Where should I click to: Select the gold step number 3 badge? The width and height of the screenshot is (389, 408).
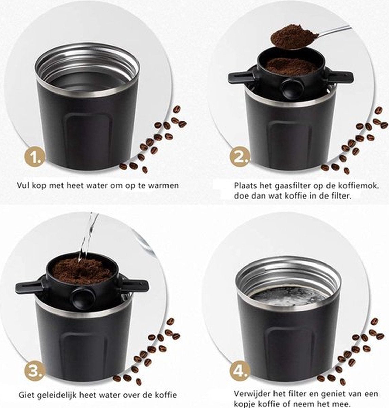coord(35,372)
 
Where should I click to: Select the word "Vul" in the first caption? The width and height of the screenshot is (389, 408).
coord(23,185)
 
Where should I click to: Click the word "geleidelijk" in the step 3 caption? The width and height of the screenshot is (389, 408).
coord(57,395)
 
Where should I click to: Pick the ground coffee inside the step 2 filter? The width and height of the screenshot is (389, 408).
coord(291,66)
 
